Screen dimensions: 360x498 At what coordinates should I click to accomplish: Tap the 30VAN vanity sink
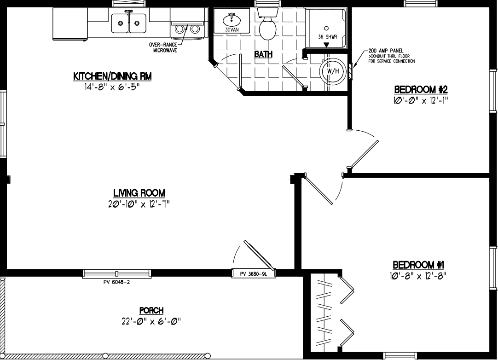tap(231, 21)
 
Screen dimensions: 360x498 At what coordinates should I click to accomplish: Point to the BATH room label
tap(263, 54)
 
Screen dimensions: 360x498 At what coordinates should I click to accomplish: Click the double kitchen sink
tap(129, 23)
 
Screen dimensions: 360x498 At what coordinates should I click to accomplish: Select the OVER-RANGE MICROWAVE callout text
tap(162, 47)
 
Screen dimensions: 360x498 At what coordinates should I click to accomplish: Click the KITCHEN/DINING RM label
tap(112, 76)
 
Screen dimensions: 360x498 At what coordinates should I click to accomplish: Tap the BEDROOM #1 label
tap(419, 265)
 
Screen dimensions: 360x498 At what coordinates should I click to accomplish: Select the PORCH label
tap(151, 311)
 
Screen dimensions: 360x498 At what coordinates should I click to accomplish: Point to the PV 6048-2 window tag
tap(117, 282)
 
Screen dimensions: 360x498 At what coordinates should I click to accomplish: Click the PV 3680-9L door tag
tap(253, 273)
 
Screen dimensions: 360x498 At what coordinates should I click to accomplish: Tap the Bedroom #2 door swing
tap(364, 152)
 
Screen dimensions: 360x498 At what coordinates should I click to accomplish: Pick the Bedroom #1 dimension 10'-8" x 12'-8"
tap(419, 276)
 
